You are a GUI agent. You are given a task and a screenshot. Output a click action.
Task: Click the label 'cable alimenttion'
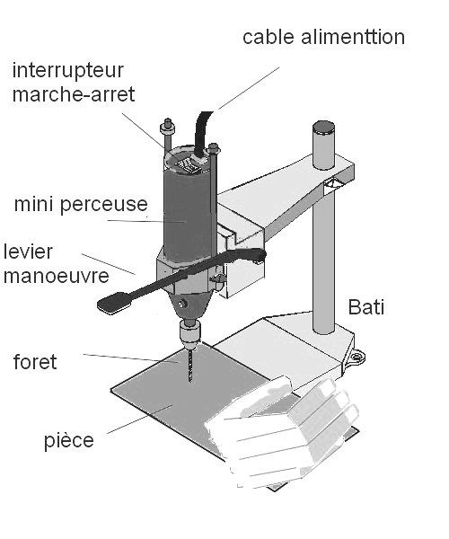[x=323, y=37]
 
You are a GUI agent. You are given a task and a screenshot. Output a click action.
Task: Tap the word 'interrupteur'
[x=67, y=71]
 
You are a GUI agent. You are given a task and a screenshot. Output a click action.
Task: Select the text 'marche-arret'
[x=74, y=94]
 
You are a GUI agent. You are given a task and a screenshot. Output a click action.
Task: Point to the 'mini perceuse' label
[x=81, y=205]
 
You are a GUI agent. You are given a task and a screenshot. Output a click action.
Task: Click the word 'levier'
[x=28, y=252]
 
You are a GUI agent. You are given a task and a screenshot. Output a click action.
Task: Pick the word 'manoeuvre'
[x=56, y=276]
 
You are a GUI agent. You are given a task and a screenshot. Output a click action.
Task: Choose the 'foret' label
[x=35, y=362]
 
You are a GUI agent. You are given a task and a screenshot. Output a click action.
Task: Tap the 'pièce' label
[x=69, y=440]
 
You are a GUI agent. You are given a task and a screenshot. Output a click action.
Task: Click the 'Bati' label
[x=365, y=307]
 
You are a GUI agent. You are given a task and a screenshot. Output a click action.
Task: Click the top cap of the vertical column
[x=323, y=127]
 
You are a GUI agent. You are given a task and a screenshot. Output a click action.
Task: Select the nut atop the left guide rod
[x=168, y=128]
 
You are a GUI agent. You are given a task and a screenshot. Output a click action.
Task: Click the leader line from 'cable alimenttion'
[x=249, y=88]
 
